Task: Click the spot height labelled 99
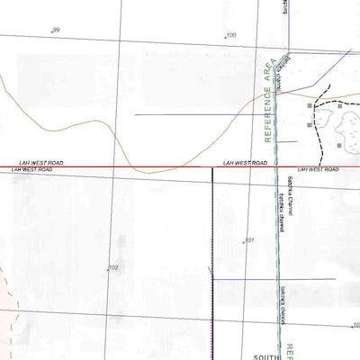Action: point(56,31)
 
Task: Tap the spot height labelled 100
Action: point(229,36)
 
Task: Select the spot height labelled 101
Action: point(248,240)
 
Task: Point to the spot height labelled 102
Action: point(112,268)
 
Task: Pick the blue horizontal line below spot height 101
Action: point(270,279)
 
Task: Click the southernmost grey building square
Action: point(339,144)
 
